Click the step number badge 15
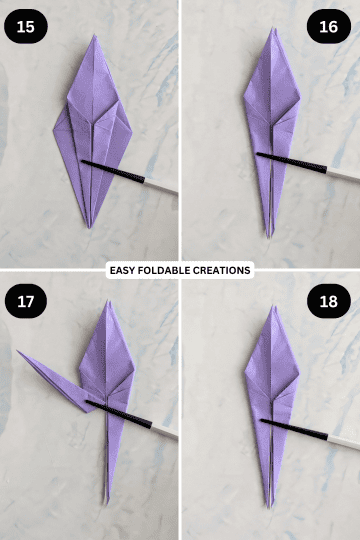pos(25,26)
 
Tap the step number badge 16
pos(328,26)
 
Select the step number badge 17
pos(25,299)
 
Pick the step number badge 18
pos(328,299)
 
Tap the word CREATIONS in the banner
pos(221,270)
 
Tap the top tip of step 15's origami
pos(94,37)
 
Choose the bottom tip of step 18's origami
pos(269,506)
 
